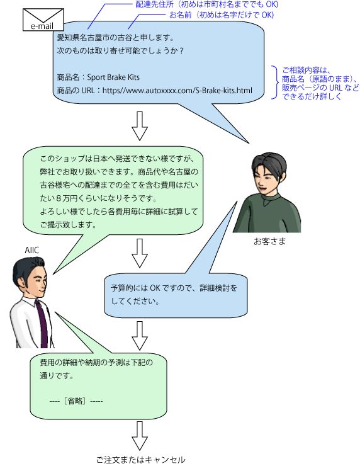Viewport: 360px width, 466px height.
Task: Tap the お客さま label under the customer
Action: pos(269,241)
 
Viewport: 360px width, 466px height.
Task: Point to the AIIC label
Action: pos(31,250)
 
